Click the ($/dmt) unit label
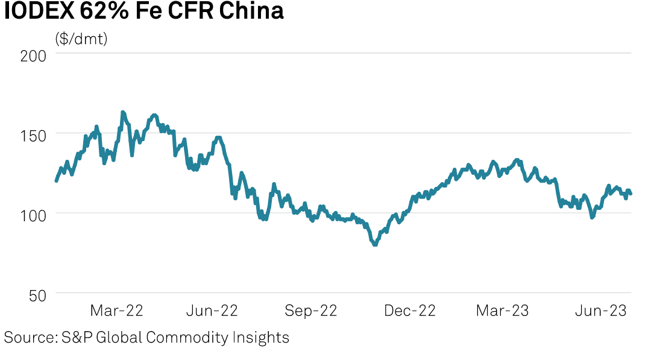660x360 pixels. coord(81,39)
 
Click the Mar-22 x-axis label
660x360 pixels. coord(117,311)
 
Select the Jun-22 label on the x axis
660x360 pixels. coord(212,311)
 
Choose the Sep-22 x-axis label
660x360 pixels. coord(311,311)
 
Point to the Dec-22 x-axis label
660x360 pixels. coord(409,311)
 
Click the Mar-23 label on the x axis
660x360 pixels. coord(502,311)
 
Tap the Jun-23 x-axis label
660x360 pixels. coord(600,311)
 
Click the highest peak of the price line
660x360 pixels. coord(122,112)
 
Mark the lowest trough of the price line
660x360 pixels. coord(375,244)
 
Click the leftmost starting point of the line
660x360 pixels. coord(56,180)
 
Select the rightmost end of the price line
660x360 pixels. coord(630,194)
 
